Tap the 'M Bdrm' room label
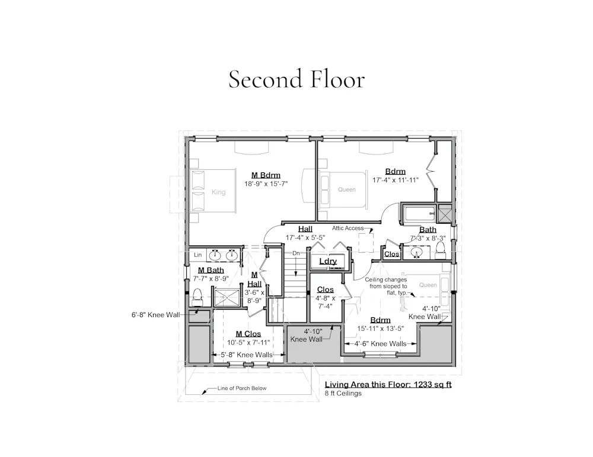266,175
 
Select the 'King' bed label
219,192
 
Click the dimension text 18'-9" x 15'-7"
266,184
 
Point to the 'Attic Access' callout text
348,228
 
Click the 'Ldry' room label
328,261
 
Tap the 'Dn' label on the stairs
296,253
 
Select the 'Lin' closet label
198,255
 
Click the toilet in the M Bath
197,297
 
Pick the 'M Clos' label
248,334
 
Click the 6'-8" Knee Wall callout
156,314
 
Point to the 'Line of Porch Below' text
242,388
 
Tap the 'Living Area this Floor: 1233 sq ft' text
388,385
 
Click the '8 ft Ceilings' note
343,393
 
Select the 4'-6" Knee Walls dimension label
380,344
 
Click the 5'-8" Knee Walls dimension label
247,355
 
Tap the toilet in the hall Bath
440,250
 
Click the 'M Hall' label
254,279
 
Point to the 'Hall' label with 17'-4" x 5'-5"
305,229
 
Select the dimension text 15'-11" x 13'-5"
381,329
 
